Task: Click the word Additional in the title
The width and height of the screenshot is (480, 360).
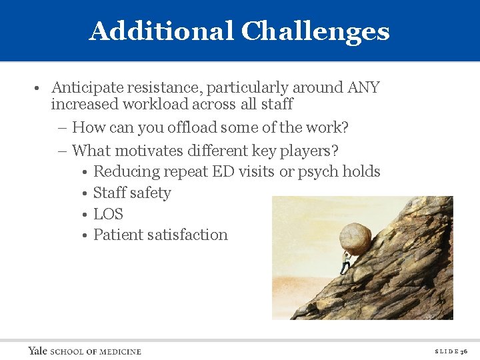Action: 162,31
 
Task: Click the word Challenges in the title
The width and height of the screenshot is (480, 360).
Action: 315,31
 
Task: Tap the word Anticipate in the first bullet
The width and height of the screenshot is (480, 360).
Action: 86,87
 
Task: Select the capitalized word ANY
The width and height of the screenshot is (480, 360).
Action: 363,87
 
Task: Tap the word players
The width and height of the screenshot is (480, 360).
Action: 309,150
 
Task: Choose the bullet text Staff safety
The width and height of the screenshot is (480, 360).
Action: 132,193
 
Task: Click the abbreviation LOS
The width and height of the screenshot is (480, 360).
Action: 108,214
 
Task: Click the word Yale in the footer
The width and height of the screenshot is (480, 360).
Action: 38,351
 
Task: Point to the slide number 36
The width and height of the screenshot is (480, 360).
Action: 464,351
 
